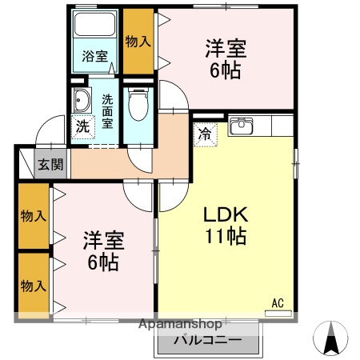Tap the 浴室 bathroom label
coord(94,56)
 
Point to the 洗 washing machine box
coord(82,126)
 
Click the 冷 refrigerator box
coord(206,133)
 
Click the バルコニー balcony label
coord(209,341)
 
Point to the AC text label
coord(278,302)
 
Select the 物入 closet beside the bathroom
coord(138,42)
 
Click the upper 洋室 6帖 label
coord(224,58)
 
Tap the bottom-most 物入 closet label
coord(33,286)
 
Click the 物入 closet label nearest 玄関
coord(33,216)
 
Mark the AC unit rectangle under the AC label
coord(278,314)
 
